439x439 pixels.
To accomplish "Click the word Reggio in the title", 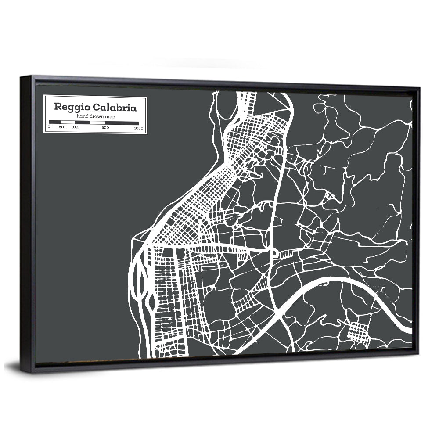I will (69, 107).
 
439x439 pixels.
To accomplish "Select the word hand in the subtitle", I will (82, 116).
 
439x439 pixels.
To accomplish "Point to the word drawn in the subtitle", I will (95, 116).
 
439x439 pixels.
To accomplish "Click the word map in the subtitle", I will (108, 116).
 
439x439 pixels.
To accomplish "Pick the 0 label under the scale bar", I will (49, 127).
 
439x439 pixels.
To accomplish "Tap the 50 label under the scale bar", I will (61, 127).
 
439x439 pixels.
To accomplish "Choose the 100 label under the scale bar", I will (75, 127).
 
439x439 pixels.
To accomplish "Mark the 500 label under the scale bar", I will (105, 128).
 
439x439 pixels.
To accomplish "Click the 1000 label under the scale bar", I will (139, 128).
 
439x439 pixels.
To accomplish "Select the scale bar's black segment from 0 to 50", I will (55, 122).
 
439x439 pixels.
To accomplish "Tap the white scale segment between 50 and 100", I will (68, 122).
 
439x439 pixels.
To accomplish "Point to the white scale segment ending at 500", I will (97, 123).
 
